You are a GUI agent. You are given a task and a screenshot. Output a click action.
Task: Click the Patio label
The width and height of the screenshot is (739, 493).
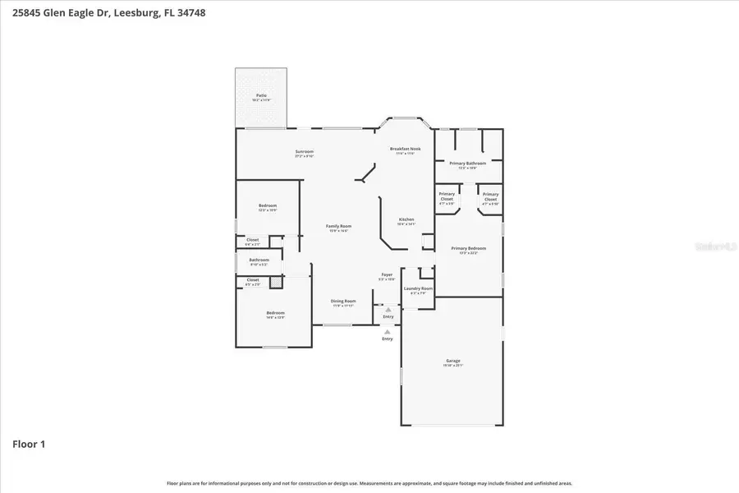[x=261, y=95]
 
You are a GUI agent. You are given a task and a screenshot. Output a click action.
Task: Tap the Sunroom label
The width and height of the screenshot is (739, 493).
[x=305, y=152]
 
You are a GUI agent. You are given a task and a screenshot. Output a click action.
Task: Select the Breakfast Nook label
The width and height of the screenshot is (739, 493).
[x=405, y=149]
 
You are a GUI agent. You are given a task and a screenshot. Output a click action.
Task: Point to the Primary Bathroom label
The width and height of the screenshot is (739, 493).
[x=466, y=164]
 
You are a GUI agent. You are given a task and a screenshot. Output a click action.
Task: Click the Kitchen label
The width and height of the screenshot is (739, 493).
[x=406, y=219]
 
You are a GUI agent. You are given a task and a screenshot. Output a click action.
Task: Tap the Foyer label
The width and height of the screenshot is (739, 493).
[x=386, y=274]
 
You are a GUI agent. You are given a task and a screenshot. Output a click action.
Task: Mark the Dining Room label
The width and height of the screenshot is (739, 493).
[x=343, y=301]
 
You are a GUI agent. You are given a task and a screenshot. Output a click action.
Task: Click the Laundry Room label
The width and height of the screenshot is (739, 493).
[x=416, y=288]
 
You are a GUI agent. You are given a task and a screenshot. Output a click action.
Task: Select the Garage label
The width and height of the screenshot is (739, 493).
[x=452, y=361]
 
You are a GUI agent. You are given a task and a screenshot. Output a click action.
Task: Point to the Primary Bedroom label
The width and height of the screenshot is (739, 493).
[x=468, y=248]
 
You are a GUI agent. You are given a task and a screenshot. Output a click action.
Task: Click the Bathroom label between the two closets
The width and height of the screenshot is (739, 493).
[x=259, y=260]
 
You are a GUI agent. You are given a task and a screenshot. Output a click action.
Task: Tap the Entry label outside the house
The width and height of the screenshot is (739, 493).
[x=387, y=339]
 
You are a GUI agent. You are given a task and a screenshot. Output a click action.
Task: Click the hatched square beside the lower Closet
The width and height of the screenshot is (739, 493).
[x=276, y=282]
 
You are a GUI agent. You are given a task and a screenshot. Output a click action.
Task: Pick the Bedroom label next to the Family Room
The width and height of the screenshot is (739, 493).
[x=268, y=205]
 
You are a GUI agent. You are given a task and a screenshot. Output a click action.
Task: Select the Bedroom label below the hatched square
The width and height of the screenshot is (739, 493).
[x=275, y=313]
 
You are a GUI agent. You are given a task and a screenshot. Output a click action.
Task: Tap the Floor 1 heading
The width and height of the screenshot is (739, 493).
[x=29, y=445]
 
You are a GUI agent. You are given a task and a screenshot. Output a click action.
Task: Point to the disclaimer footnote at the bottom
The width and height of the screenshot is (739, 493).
[x=369, y=483]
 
